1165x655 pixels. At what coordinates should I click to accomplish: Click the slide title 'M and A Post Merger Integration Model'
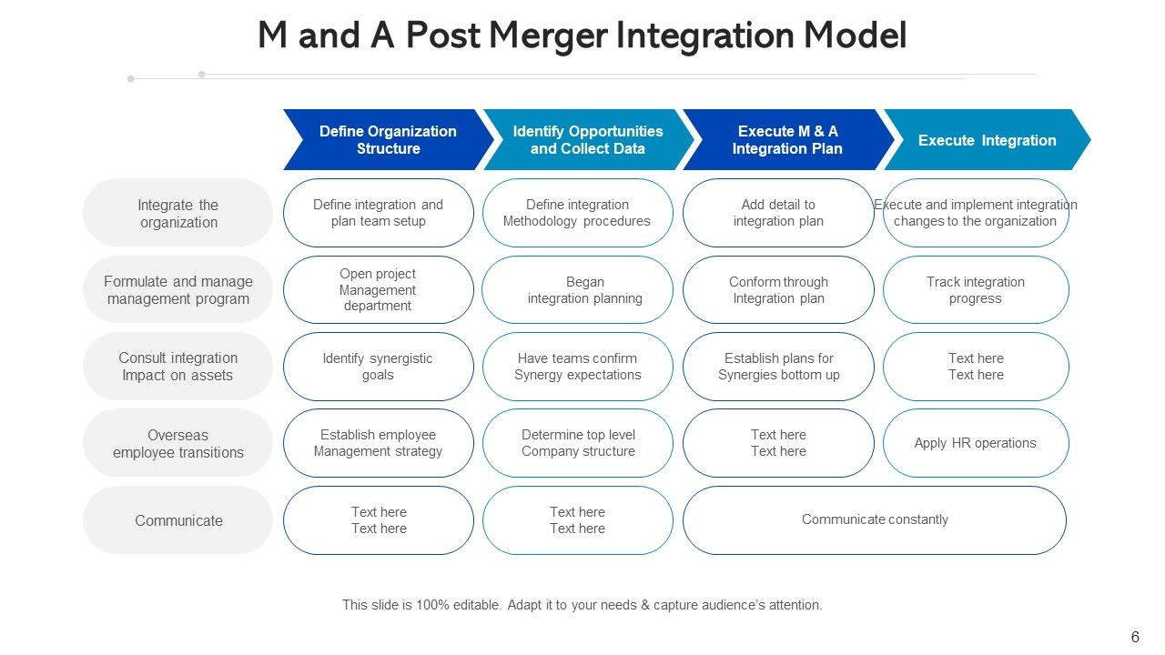582,36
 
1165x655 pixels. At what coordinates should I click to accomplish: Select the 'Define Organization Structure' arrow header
388,140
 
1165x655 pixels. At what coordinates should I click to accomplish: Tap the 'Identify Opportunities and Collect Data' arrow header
587,140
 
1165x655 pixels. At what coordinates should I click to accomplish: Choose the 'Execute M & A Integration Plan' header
786,140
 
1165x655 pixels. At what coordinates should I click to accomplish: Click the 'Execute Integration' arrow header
987,140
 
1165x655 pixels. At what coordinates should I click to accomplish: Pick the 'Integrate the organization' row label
178,213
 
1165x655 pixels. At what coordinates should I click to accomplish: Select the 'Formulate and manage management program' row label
178,290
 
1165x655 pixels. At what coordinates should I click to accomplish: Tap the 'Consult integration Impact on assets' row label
178,367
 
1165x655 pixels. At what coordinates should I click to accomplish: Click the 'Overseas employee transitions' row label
178,443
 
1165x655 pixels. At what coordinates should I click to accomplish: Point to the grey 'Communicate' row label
178,520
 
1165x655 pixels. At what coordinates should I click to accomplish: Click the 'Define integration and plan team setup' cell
379,213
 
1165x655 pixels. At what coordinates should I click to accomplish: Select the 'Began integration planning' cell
578,290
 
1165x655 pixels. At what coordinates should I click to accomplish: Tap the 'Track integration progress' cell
976,290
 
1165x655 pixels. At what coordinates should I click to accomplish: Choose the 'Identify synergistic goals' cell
379,367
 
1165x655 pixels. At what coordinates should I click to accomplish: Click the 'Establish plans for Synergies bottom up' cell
778,367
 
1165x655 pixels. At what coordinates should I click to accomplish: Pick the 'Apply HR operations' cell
976,443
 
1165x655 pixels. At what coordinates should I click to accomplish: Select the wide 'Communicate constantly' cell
875,520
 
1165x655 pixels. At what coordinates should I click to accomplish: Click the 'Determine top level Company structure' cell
578,443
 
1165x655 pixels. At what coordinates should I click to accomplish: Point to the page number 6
1135,638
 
